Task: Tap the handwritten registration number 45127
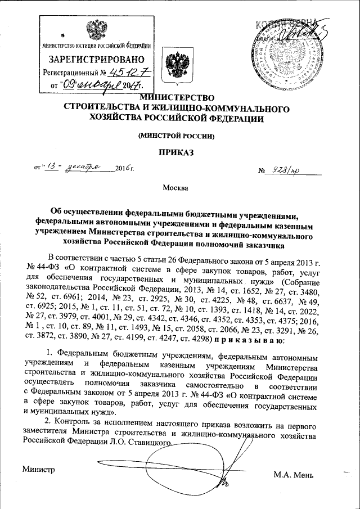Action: pos(126,73)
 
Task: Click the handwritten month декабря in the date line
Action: pos(83,167)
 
